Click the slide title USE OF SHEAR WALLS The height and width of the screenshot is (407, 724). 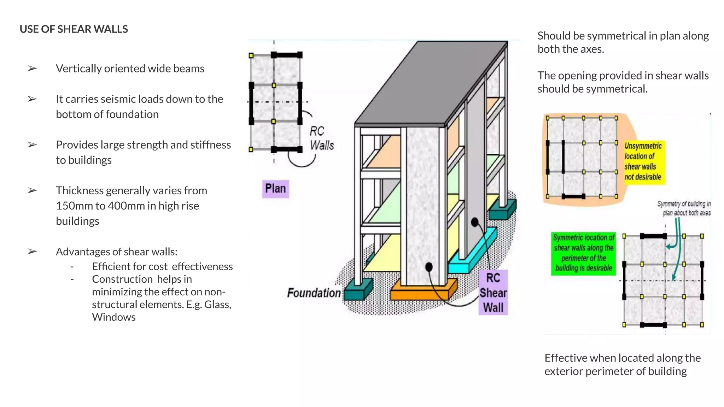[74, 29]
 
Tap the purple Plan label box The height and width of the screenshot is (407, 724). [275, 189]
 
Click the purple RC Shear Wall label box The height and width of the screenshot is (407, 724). [493, 293]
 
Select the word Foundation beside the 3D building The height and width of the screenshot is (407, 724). [314, 293]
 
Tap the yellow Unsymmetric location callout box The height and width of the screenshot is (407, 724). [643, 161]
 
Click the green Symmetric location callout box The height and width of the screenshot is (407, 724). [583, 253]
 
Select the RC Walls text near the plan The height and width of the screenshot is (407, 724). [321, 138]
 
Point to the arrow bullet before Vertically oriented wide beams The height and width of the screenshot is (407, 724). [32, 68]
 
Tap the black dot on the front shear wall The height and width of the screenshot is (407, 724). [429, 267]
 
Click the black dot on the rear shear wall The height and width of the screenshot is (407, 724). [475, 222]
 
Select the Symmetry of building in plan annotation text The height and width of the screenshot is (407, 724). [684, 208]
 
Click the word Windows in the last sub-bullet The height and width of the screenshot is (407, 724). [113, 317]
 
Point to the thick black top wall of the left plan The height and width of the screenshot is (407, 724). [287, 55]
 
